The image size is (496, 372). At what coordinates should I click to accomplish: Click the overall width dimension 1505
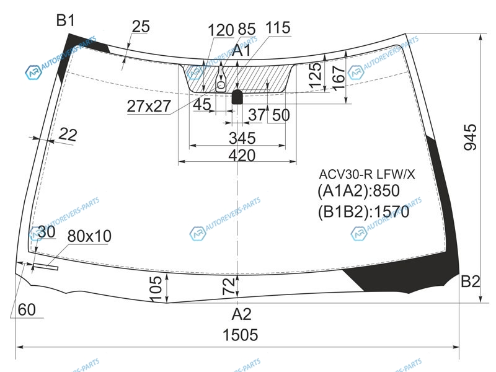pyautogui.click(x=241, y=335)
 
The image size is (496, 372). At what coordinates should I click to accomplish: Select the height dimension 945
pyautogui.click(x=470, y=137)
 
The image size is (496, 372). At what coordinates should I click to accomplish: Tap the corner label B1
pyautogui.click(x=66, y=20)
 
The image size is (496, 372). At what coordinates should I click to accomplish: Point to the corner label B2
pyautogui.click(x=471, y=281)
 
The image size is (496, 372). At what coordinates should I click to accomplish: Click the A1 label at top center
pyautogui.click(x=241, y=51)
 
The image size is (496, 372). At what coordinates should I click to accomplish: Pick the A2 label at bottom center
pyautogui.click(x=241, y=314)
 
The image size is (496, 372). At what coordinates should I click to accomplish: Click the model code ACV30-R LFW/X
pyautogui.click(x=366, y=174)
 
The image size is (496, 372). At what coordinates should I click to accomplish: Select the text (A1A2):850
pyautogui.click(x=358, y=191)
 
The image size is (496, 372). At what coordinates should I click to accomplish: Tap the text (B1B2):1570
pyautogui.click(x=363, y=211)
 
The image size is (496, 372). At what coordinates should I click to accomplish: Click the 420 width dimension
pyautogui.click(x=242, y=156)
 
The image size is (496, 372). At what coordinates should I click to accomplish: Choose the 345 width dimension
pyautogui.click(x=242, y=138)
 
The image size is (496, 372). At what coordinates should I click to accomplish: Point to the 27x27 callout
pyautogui.click(x=149, y=106)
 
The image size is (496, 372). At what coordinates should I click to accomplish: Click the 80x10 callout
pyautogui.click(x=89, y=236)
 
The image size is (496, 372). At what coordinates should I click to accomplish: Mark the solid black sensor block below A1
pyautogui.click(x=237, y=97)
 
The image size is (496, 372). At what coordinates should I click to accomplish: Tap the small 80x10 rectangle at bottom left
pyautogui.click(x=45, y=267)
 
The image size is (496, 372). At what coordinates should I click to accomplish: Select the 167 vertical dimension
pyautogui.click(x=339, y=78)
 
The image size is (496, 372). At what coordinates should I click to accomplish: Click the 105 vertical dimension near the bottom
pyautogui.click(x=155, y=288)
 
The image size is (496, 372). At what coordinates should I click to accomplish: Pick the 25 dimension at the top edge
pyautogui.click(x=141, y=27)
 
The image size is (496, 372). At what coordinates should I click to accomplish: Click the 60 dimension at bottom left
pyautogui.click(x=27, y=309)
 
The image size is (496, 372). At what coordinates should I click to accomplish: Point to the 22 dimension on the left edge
pyautogui.click(x=68, y=135)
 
